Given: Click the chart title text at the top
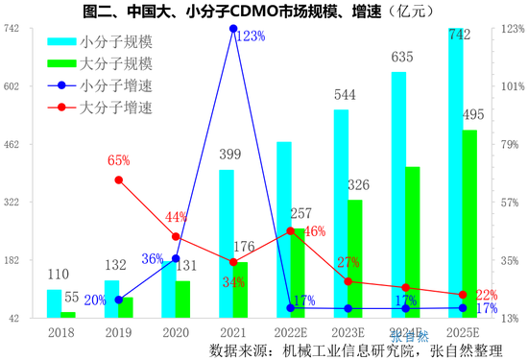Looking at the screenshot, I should [264, 11].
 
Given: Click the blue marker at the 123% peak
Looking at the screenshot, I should [233, 29].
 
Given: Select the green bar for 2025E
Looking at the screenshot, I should [470, 224].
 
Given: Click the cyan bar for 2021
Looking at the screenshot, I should [227, 244].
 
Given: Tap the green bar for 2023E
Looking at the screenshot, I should [355, 258].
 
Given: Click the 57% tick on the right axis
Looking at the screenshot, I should [511, 203].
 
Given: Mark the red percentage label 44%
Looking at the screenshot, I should [176, 217].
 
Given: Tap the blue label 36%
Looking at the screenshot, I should [153, 259].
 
